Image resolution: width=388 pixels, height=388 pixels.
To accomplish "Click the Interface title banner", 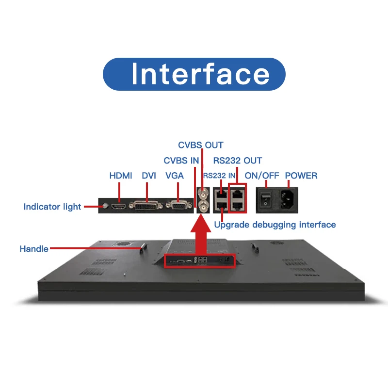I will click(194, 74).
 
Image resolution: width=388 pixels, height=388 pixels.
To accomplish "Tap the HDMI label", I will click(120, 176).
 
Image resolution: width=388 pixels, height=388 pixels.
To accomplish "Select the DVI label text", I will click(149, 176).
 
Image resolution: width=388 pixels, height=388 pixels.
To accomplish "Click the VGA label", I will click(175, 176).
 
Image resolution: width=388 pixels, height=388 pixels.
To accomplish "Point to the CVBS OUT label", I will click(200, 145).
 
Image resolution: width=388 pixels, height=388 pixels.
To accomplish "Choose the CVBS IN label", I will click(181, 161).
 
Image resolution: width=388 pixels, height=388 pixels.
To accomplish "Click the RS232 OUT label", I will click(238, 161).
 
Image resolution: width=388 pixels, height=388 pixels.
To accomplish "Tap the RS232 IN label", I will click(219, 176).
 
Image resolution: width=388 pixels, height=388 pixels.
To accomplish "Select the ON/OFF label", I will click(262, 176).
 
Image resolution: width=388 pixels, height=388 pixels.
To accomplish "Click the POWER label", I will click(301, 176).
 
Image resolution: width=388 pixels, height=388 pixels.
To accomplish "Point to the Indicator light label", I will click(52, 207).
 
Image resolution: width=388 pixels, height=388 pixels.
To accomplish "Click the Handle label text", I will click(34, 249).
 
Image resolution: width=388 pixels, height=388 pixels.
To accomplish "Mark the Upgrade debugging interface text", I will click(275, 225).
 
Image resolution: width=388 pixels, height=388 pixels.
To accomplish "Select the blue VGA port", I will click(178, 206).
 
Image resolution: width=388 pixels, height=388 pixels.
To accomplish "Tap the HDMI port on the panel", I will click(119, 207).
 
